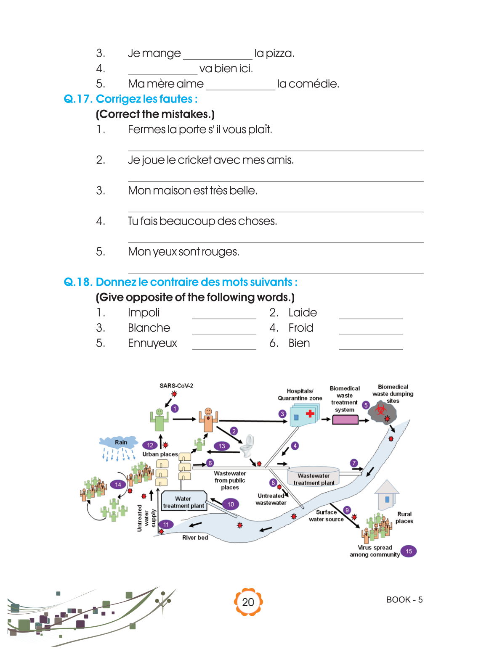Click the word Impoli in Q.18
(144, 313)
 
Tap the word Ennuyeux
(152, 343)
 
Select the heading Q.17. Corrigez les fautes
(130, 99)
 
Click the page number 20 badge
(248, 602)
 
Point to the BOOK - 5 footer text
(404, 600)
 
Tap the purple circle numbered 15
(409, 551)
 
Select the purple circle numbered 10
(231, 504)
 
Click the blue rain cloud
(119, 442)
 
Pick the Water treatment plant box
(183, 502)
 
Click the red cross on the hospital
(310, 414)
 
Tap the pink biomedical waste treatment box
(345, 420)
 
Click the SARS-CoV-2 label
(176, 385)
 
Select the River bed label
(195, 538)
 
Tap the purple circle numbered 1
(175, 408)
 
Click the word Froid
(301, 328)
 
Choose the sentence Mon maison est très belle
(192, 191)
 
